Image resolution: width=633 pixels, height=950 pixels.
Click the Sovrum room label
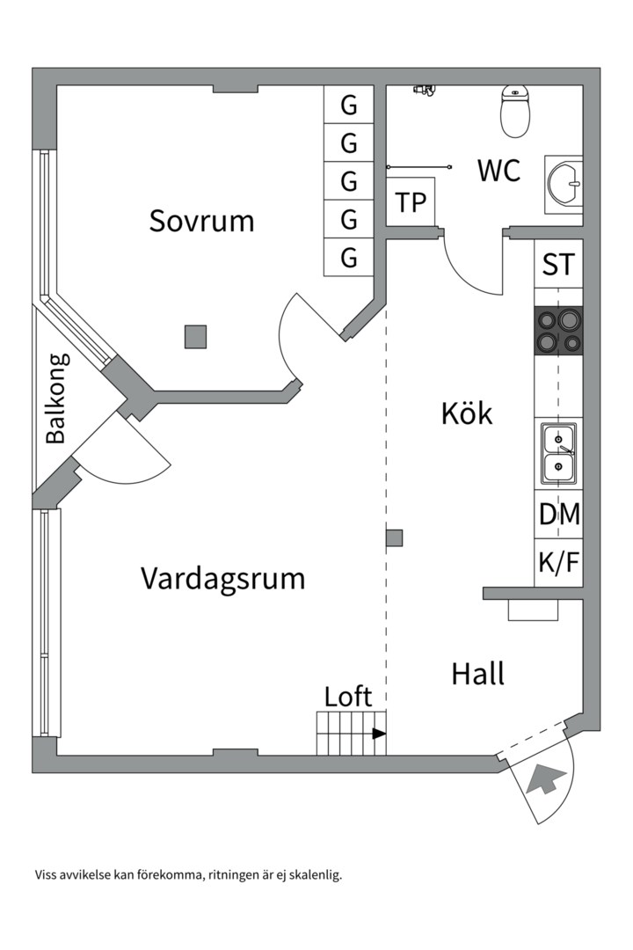click(201, 220)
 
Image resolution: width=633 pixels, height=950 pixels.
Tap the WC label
click(498, 170)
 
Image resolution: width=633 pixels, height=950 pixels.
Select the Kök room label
click(467, 413)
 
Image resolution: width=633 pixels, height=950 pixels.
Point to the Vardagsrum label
click(222, 579)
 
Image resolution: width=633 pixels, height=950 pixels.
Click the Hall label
click(477, 674)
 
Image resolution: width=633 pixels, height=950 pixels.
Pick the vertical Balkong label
click(56, 398)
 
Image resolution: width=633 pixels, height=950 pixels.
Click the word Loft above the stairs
click(348, 697)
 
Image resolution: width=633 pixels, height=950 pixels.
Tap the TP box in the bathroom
click(411, 203)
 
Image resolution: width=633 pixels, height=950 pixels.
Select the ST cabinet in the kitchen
click(558, 264)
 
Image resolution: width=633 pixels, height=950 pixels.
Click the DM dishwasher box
click(559, 515)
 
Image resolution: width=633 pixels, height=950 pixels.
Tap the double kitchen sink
click(558, 452)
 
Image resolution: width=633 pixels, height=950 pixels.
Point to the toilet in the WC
click(516, 111)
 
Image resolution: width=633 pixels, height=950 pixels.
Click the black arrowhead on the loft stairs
click(379, 734)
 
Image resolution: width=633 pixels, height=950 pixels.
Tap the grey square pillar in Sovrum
click(195, 336)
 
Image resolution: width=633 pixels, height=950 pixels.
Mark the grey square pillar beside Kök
click(395, 537)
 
